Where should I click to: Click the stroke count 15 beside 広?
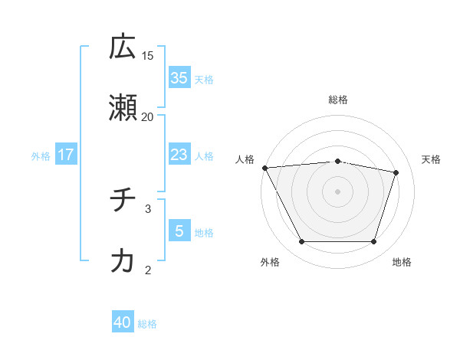(148, 55)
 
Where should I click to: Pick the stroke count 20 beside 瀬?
(148, 116)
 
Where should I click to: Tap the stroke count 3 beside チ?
(148, 208)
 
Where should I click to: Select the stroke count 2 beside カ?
(148, 269)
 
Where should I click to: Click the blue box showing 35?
(179, 77)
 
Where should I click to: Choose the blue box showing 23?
(179, 154)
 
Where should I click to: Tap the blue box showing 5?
(179, 231)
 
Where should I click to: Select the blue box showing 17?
(66, 154)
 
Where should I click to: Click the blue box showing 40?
(123, 322)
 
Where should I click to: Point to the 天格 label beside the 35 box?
(204, 79)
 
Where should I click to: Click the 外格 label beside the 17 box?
(41, 155)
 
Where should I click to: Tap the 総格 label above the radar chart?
(338, 100)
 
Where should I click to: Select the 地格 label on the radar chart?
(402, 262)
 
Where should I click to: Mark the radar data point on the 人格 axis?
(264, 168)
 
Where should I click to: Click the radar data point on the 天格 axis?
(396, 172)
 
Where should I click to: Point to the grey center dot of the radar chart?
(338, 191)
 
